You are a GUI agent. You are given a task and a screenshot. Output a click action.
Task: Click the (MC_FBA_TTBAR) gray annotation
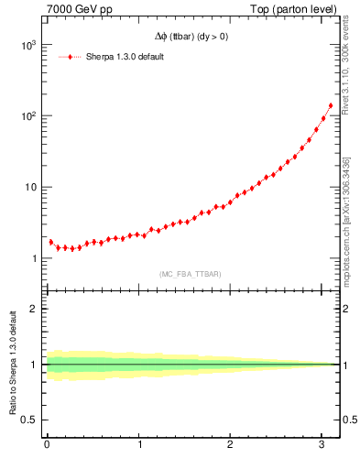coord(190,274)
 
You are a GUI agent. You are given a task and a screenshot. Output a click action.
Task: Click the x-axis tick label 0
coord(47,446)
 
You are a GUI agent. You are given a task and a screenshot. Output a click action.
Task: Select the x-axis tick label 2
coord(231,446)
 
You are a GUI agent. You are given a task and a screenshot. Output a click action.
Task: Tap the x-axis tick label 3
coord(322,446)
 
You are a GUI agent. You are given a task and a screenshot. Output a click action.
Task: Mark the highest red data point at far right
coord(331,105)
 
